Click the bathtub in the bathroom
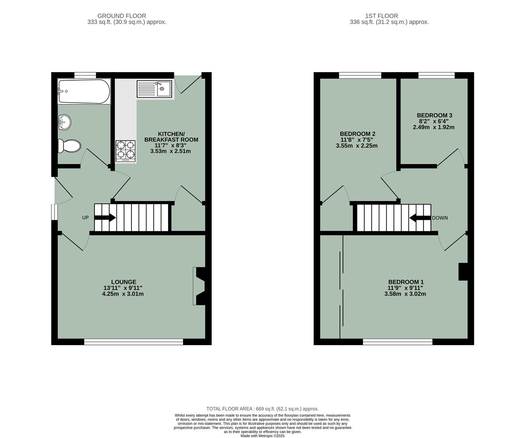[x=84, y=92]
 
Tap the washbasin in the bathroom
[x=64, y=122]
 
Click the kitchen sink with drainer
[x=154, y=89]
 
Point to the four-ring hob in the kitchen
[x=125, y=150]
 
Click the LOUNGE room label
[x=124, y=282]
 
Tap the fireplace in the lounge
[x=199, y=286]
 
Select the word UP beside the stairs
[x=85, y=218]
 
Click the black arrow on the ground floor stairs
[x=105, y=218]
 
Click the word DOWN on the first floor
[x=440, y=218]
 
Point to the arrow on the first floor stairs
[x=420, y=218]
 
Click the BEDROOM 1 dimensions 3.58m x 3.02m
[x=405, y=294]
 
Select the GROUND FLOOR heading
[x=127, y=16]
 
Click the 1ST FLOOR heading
[x=389, y=16]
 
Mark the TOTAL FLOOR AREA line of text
[x=262, y=409]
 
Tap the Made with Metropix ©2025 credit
[x=262, y=436]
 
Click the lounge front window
[x=133, y=342]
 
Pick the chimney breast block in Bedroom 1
[x=463, y=272]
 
